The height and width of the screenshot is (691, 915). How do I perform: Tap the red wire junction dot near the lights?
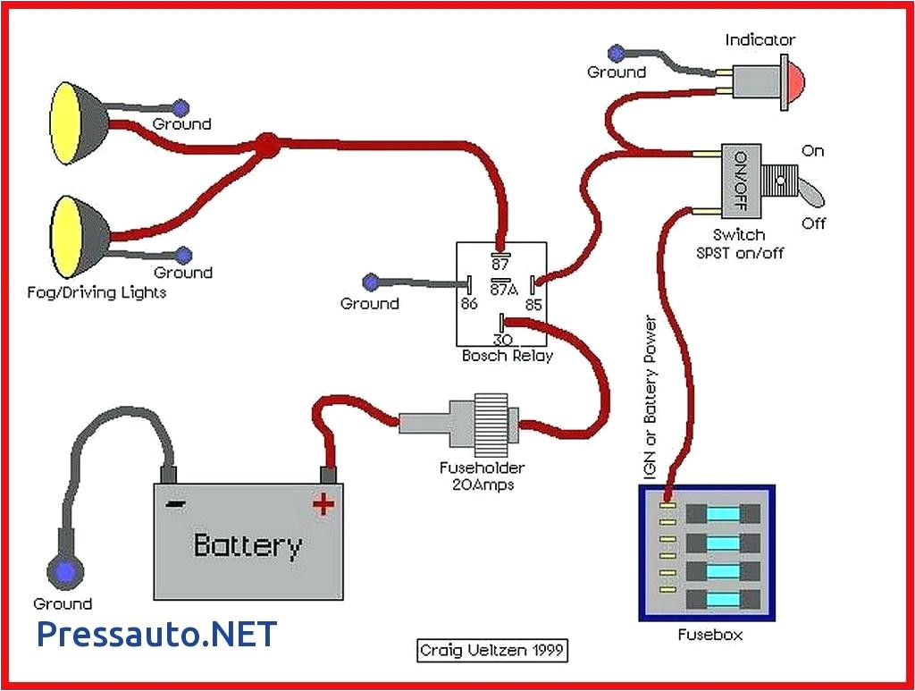[x=265, y=144]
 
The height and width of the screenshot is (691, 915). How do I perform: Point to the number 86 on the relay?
[x=469, y=305]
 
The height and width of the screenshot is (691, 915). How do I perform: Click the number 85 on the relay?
[x=533, y=305]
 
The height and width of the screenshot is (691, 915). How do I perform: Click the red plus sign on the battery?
[x=323, y=505]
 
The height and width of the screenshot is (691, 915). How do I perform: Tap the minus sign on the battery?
[x=176, y=504]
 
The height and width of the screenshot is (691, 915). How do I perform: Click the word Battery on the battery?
[x=248, y=544]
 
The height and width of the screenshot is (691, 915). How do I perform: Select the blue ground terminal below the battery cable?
[x=64, y=570]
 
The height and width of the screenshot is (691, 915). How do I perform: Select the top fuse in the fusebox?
[x=725, y=514]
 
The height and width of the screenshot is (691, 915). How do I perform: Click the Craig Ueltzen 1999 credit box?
[x=492, y=651]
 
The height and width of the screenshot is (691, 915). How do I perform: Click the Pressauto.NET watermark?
[x=157, y=634]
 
